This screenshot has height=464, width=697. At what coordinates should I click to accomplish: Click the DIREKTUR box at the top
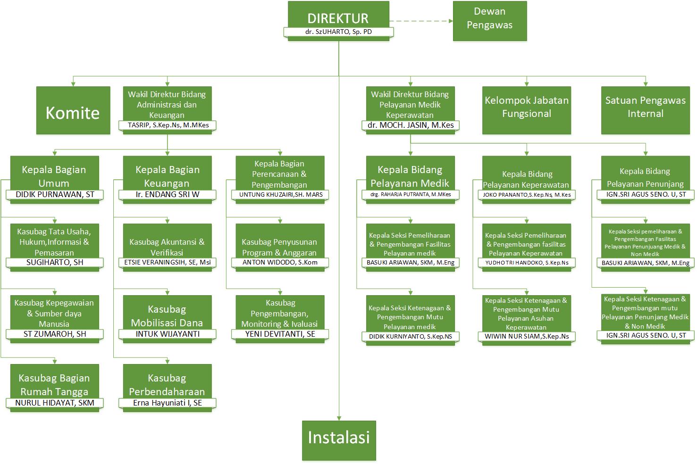tap(338, 17)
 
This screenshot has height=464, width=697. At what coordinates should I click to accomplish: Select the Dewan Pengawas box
tap(489, 21)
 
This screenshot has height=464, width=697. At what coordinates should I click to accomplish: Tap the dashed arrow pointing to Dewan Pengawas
tap(421, 21)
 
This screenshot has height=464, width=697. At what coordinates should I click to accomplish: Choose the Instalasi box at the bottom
tap(338, 439)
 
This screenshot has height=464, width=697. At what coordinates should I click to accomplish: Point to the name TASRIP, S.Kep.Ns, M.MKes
tap(168, 125)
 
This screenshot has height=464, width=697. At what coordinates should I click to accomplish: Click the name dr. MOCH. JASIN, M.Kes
tap(411, 125)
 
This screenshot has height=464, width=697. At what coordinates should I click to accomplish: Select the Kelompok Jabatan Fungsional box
tap(526, 110)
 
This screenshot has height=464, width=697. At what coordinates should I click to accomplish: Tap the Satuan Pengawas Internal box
tap(645, 110)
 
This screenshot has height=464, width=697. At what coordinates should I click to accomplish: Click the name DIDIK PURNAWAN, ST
tap(55, 194)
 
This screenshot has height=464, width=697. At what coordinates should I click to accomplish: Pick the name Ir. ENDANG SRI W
tap(168, 194)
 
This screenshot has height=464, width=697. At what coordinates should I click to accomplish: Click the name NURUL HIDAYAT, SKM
tap(55, 403)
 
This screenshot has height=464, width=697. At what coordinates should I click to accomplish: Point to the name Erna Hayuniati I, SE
tap(168, 403)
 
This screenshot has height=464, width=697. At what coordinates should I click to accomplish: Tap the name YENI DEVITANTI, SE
tap(280, 334)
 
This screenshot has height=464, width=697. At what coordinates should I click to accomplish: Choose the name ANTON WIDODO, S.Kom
tap(280, 263)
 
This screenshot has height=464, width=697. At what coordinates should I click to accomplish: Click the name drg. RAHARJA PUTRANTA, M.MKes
tap(410, 194)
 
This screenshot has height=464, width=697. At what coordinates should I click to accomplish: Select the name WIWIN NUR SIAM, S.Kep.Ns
tap(527, 337)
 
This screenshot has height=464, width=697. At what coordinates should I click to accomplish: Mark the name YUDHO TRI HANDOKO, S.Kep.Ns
tap(527, 263)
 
